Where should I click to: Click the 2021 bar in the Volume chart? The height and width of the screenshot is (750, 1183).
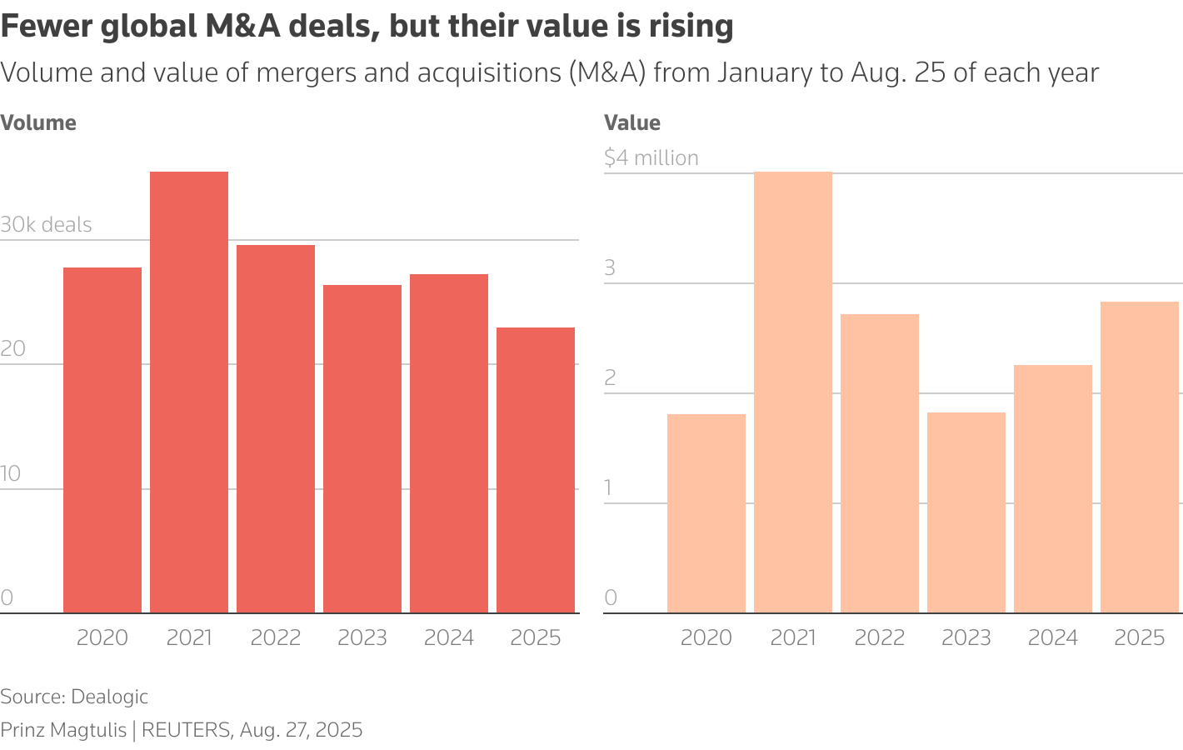tap(189, 392)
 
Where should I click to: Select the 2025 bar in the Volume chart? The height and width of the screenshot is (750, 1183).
tap(536, 470)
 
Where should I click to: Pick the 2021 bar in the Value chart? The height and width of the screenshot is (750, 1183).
tap(793, 392)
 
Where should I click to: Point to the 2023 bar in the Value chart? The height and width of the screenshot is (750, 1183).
tap(966, 512)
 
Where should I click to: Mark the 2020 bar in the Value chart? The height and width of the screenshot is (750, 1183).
tap(706, 513)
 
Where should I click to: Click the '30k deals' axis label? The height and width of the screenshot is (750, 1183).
tap(46, 225)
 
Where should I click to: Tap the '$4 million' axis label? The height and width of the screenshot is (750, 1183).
tap(651, 158)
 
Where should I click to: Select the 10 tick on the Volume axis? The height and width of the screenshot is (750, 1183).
tap(10, 474)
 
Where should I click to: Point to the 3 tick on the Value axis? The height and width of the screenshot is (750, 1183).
tap(610, 267)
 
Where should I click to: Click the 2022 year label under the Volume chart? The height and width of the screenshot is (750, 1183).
tap(276, 637)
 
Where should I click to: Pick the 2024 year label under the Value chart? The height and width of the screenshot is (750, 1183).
tap(1053, 637)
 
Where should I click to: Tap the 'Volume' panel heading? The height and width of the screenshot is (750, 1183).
tap(38, 123)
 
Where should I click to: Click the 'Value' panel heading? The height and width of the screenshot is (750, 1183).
tap(632, 123)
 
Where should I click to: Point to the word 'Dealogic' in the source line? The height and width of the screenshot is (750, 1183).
tap(109, 697)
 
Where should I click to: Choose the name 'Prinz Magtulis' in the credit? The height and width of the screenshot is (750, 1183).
tap(63, 731)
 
